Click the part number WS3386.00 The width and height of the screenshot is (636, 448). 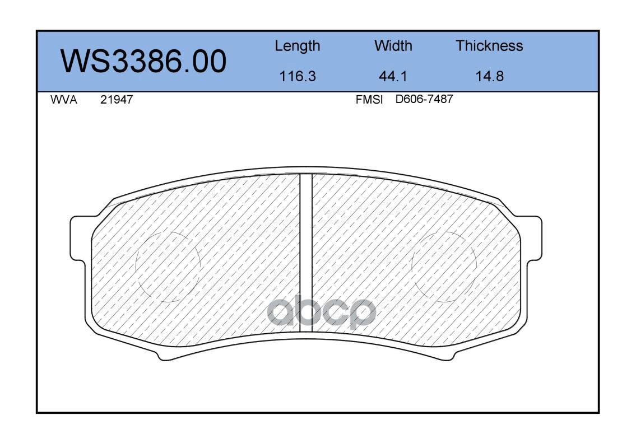143,62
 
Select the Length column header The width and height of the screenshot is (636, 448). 298,46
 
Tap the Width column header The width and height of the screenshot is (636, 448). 393,45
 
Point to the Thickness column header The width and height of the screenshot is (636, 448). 489,45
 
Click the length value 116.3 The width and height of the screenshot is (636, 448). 298,76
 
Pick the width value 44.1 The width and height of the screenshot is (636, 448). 393,76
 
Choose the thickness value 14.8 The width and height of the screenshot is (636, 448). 490,76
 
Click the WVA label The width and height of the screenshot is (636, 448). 64,100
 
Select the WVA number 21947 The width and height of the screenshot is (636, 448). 117,100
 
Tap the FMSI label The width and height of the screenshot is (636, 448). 369,100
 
